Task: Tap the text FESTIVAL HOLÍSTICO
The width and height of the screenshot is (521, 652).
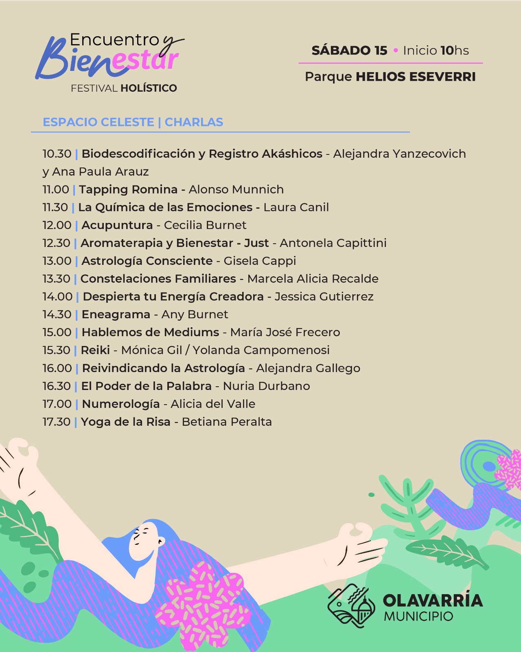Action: click(x=124, y=88)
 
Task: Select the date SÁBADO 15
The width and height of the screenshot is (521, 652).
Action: click(x=349, y=51)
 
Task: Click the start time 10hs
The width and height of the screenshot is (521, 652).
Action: click(x=455, y=51)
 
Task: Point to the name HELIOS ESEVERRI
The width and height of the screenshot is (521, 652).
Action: click(x=416, y=77)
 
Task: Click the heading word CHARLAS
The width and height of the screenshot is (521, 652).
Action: click(x=194, y=122)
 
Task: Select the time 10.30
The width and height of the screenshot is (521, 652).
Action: click(x=57, y=154)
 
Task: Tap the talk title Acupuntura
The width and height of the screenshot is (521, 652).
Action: click(x=117, y=225)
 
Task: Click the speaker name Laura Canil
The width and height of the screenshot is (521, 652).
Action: click(x=296, y=207)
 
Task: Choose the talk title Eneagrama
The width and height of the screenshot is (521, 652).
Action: click(x=116, y=315)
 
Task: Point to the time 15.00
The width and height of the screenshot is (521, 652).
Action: click(x=57, y=333)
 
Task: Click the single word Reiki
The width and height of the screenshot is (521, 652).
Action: click(x=95, y=350)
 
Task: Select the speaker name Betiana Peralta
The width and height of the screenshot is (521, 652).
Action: click(x=227, y=422)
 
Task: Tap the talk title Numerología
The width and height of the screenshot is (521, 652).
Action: click(x=121, y=404)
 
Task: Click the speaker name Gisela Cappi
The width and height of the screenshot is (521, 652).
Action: click(x=260, y=261)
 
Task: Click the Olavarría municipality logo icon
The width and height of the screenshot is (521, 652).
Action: click(x=351, y=606)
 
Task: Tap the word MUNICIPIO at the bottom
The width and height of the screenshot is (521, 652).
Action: click(x=418, y=617)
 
